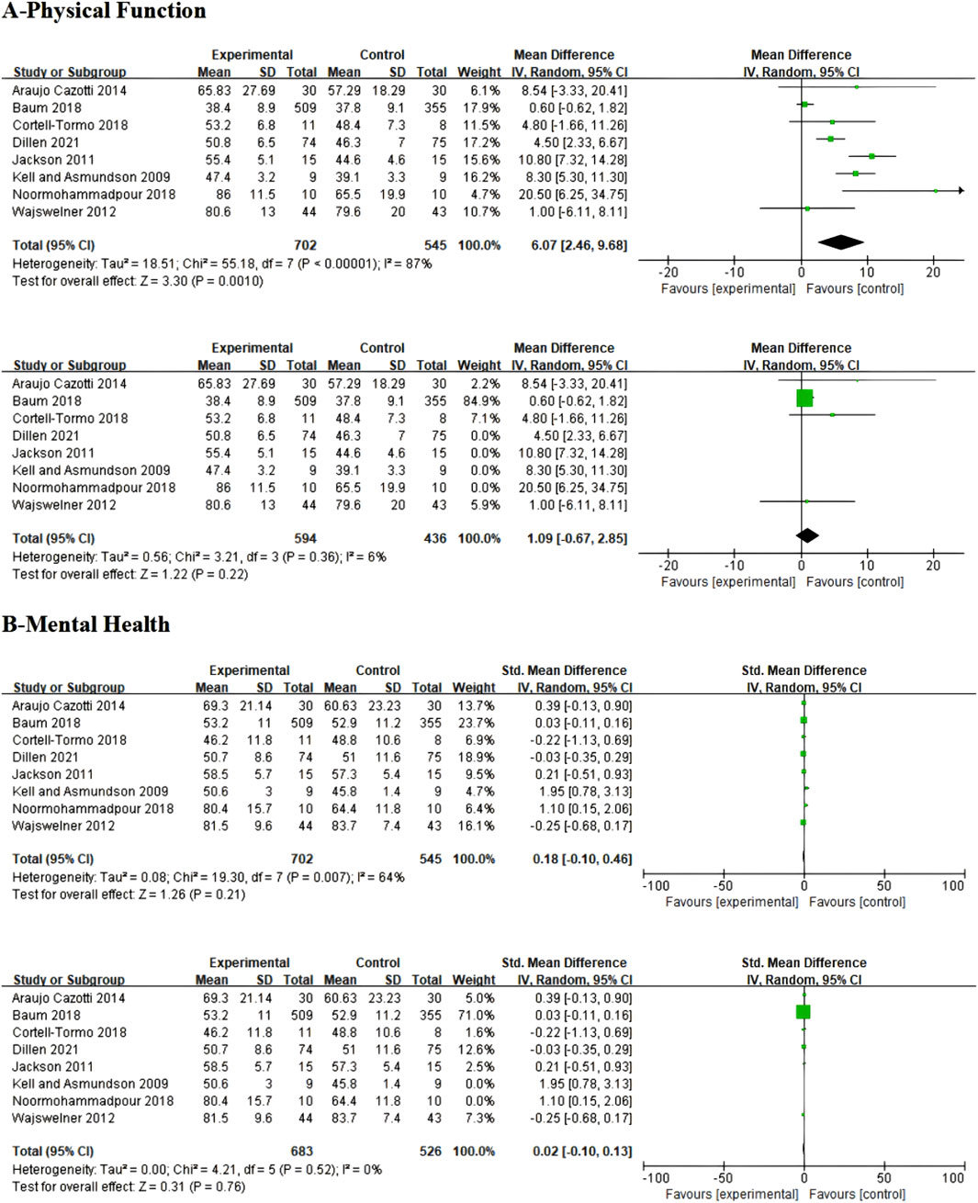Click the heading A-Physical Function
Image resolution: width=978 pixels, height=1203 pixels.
104,12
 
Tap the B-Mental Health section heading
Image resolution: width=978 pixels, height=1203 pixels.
86,624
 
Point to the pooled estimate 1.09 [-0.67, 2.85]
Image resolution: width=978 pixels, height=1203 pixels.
577,538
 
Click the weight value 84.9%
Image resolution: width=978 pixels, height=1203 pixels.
479,400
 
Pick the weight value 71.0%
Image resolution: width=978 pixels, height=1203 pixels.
475,1015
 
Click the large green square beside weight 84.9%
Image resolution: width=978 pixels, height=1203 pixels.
804,398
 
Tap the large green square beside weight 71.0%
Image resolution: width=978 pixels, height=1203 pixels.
803,1012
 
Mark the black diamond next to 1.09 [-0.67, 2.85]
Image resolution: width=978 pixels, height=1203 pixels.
806,535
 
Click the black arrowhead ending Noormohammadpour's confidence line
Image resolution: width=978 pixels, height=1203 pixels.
961,190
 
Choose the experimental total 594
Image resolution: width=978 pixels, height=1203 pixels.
305,538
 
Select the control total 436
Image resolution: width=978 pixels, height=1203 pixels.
434,538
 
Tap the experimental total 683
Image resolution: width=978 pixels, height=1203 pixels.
301,1151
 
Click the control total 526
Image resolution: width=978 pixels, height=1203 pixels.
431,1151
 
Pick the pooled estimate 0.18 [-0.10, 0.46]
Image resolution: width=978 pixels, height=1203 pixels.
582,859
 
